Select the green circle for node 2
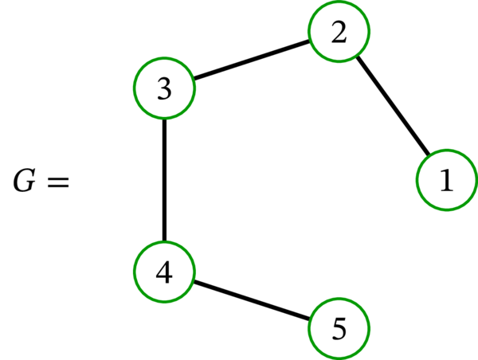[x=340, y=33]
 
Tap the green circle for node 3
[x=164, y=88]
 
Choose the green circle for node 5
[x=340, y=328]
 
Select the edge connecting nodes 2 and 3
[x=252, y=61]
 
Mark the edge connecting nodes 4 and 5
[x=252, y=300]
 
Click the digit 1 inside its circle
[x=446, y=182]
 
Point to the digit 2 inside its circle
[x=340, y=33]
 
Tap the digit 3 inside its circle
[x=164, y=89]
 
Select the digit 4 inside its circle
[x=164, y=272]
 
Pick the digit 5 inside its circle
[x=340, y=329]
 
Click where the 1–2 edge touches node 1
[x=429, y=156]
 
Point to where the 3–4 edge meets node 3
[x=164, y=119]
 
